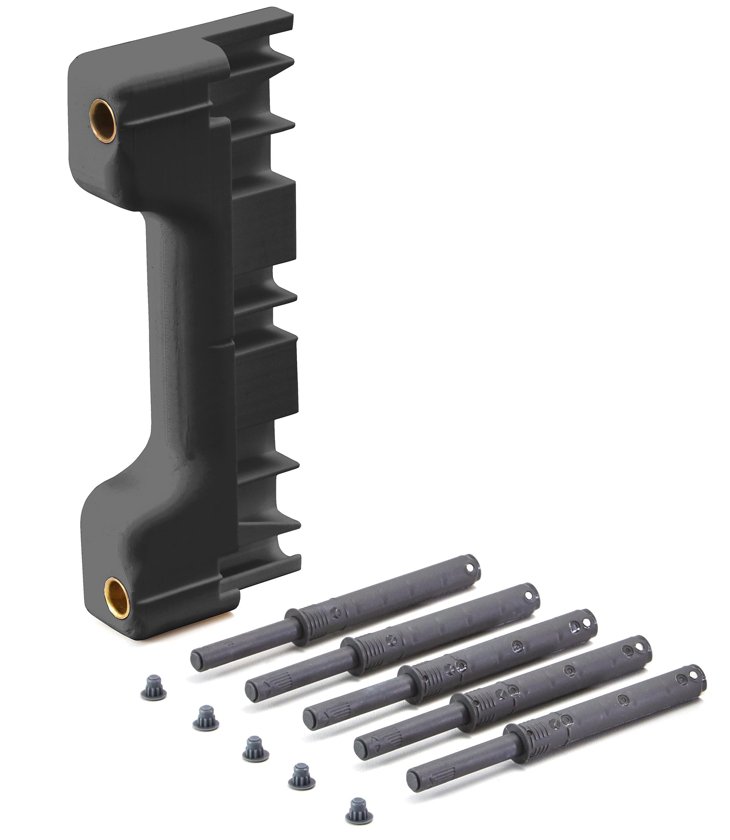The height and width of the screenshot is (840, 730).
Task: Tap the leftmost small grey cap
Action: [x=153, y=687]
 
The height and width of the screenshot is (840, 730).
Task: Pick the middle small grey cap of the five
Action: [x=255, y=748]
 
